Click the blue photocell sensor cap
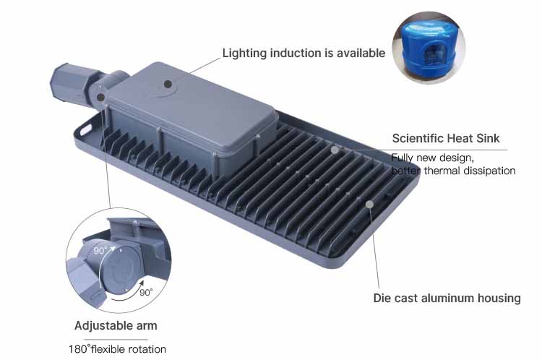[428, 48]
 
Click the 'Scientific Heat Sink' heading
[446, 138]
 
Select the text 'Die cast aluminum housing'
[447, 298]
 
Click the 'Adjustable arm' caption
[116, 325]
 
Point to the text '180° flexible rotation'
[117, 349]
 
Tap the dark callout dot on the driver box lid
[168, 84]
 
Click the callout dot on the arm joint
[100, 98]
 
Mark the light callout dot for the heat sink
[335, 150]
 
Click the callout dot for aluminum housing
[369, 204]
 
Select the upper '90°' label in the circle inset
[100, 250]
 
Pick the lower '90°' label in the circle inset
[146, 293]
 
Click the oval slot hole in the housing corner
[85, 130]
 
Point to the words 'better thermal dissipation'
[453, 171]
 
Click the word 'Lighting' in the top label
[244, 53]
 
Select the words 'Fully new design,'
[432, 158]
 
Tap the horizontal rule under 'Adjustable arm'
[116, 340]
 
